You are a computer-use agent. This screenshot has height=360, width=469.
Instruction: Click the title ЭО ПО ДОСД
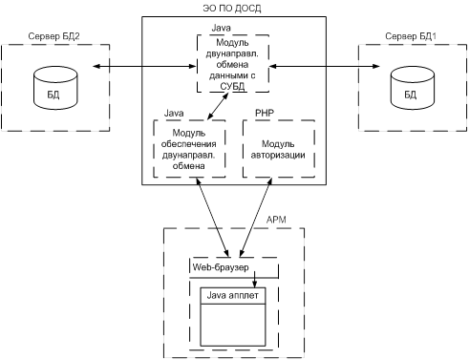[232, 8]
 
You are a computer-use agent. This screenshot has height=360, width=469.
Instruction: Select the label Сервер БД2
[53, 36]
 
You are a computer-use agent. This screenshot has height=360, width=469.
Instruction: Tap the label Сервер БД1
[411, 36]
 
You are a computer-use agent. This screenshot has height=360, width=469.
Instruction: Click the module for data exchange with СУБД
[233, 64]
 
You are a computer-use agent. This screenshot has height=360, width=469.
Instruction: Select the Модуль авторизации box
[279, 149]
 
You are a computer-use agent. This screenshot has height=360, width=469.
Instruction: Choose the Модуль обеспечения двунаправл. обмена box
[189, 149]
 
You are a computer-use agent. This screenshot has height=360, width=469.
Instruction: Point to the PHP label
[265, 113]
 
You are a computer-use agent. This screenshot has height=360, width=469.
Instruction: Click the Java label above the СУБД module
[221, 28]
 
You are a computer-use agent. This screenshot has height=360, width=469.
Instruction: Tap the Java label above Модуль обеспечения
[174, 113]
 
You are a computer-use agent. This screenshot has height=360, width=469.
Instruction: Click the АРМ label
[276, 220]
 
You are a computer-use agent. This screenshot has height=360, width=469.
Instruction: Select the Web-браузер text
[221, 267]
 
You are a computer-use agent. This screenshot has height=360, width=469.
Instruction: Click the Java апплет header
[233, 296]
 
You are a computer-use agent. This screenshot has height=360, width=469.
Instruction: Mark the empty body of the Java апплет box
[233, 325]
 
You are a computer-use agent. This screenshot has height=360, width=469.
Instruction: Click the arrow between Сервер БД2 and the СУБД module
[144, 66]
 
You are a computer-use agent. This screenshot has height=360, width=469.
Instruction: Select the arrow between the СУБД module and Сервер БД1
[325, 66]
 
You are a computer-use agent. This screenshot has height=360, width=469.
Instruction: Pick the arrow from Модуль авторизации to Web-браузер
[256, 218]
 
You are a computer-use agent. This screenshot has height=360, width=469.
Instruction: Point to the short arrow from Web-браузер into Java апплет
[254, 280]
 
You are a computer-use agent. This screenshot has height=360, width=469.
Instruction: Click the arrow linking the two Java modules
[218, 106]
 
